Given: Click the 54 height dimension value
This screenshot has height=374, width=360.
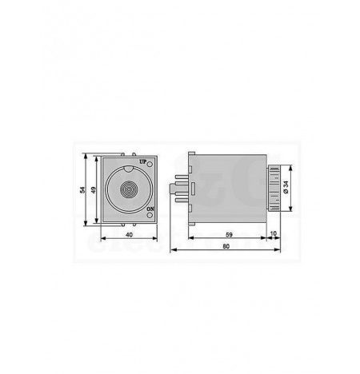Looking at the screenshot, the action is (82, 189).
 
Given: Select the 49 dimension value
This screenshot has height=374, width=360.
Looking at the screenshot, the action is (93, 189).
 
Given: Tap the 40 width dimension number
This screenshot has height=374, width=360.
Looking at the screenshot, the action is (129, 235).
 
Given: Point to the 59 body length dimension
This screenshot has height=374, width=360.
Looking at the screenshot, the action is (229, 235).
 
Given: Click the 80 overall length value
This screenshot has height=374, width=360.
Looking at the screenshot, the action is (226, 246).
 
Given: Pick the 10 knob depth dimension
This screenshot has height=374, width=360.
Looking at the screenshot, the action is (274, 233).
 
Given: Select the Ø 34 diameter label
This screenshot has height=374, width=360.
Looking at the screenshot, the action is (286, 187).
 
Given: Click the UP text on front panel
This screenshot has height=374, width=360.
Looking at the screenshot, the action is (143, 161).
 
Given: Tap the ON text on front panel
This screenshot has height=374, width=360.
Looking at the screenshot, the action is (150, 209).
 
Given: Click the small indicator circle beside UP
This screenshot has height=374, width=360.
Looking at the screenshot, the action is (150, 164).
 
